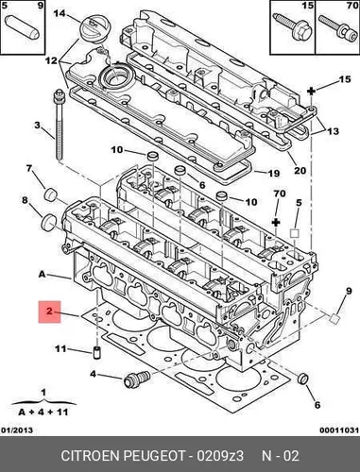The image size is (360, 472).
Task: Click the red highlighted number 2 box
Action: click(x=49, y=312)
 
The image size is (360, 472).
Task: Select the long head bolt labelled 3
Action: click(x=59, y=124)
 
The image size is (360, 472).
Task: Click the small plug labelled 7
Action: click(x=50, y=194)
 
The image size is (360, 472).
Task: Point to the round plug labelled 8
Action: click(x=48, y=222)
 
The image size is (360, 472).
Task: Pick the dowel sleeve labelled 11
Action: click(x=97, y=352)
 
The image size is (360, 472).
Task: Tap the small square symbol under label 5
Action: click(x=294, y=233)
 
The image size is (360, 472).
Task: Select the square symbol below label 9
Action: click(x=334, y=318)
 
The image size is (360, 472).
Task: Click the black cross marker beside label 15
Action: click(x=311, y=92)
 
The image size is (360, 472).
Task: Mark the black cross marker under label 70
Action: click(x=276, y=223)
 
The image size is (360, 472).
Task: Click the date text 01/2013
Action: click(x=17, y=430)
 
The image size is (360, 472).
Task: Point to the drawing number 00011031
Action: click(x=339, y=430)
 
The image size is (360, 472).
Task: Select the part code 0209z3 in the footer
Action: click(x=220, y=456)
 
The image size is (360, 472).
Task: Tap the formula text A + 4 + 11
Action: click(x=43, y=412)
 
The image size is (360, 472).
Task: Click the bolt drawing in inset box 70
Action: click(x=336, y=28)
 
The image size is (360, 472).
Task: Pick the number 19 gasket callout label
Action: click(x=273, y=173)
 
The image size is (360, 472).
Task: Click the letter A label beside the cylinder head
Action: click(x=43, y=275)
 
